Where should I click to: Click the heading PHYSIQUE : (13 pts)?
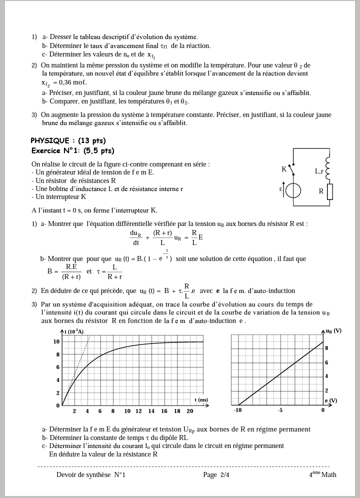coord(68,140)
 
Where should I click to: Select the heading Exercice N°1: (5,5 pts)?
coord(72,150)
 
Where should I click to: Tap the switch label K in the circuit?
coord(284,169)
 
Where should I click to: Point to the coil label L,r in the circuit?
coord(319,171)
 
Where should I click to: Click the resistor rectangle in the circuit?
coord(330,191)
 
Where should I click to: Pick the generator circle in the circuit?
coord(293,190)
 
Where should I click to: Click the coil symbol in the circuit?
coord(327,168)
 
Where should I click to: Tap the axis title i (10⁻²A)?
coord(74,331)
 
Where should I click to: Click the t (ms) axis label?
coord(201,399)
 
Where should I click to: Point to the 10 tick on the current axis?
coord(56,341)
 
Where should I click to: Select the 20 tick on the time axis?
coord(190,411)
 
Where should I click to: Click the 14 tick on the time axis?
coord(151,411)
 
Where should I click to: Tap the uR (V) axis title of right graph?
coord(333,331)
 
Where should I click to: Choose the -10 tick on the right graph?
coord(237,410)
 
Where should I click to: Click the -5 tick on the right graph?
coord(280,410)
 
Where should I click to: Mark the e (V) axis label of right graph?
coord(331,400)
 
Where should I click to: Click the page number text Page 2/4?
coord(216,474)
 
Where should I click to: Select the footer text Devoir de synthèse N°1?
coord(90,474)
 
